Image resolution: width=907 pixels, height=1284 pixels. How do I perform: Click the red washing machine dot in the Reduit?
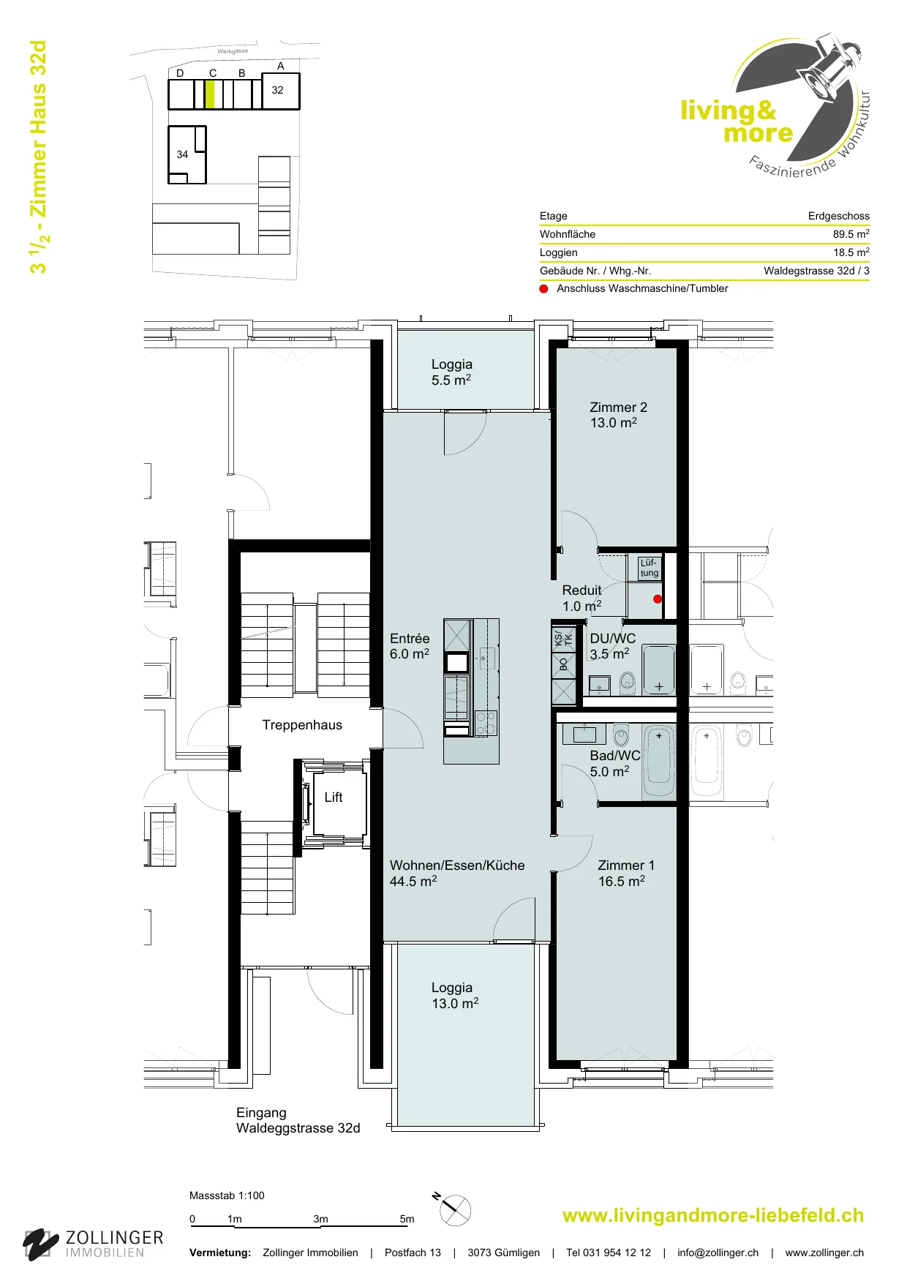(x=658, y=599)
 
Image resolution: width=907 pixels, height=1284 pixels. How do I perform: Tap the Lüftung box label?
(x=650, y=568)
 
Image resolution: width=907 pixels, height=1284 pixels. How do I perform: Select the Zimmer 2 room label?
(x=618, y=408)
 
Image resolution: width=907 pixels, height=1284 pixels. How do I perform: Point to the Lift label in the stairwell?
(x=334, y=797)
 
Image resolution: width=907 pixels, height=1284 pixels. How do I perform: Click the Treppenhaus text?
(x=302, y=725)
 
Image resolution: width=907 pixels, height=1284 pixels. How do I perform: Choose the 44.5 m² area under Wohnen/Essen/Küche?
(x=413, y=881)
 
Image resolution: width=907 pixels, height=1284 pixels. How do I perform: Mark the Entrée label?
(x=410, y=639)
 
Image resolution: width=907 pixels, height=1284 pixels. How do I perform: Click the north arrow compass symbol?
(x=454, y=1210)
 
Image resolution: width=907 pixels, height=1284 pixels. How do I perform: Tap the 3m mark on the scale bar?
(x=320, y=1219)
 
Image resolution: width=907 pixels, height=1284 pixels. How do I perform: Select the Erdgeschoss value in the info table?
(x=839, y=216)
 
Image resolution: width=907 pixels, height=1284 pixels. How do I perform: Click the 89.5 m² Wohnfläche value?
(x=851, y=234)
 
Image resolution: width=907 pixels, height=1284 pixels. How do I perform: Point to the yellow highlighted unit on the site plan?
(x=211, y=94)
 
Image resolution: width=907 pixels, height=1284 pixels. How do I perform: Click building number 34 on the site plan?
(x=182, y=154)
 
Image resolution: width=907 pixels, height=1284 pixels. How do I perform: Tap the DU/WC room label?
(x=613, y=639)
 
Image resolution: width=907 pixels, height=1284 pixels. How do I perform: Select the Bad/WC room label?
(x=615, y=756)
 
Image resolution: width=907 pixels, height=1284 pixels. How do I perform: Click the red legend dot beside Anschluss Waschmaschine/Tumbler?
(x=543, y=288)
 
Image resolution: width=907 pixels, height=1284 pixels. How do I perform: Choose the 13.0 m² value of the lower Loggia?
(x=455, y=1003)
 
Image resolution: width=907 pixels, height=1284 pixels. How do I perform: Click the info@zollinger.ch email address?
(x=718, y=1253)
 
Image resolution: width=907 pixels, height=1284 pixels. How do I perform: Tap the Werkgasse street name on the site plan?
(x=233, y=51)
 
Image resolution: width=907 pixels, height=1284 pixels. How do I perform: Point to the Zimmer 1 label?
(x=626, y=866)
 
